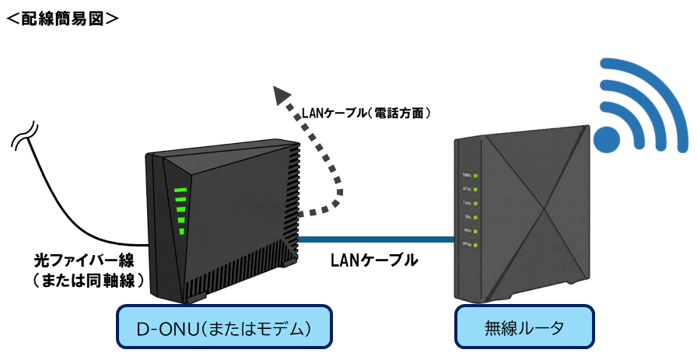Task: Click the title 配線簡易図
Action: click(62, 17)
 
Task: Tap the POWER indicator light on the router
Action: click(475, 175)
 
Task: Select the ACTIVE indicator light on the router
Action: click(475, 189)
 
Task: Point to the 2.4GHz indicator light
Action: click(475, 203)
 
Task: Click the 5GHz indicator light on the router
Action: click(475, 217)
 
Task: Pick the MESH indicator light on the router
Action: click(475, 231)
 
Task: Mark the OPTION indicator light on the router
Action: click(475, 245)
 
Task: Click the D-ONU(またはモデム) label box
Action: click(224, 327)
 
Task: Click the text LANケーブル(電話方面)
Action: click(366, 114)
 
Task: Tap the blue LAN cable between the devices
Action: click(373, 239)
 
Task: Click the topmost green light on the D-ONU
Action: click(180, 190)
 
